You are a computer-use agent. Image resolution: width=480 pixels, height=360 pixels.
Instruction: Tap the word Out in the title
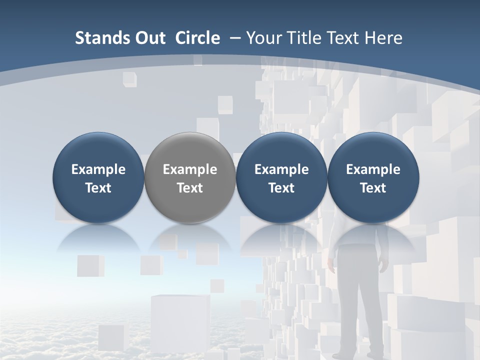[149, 38]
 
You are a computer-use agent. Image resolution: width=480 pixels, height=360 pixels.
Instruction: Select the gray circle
[190, 177]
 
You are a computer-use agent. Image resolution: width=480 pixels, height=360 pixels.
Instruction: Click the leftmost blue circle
[98, 177]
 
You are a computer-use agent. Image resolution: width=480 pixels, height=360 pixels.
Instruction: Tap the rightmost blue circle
[373, 177]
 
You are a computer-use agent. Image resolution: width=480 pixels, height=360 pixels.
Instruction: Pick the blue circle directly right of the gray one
[281, 177]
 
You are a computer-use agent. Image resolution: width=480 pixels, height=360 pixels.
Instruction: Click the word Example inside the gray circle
[190, 169]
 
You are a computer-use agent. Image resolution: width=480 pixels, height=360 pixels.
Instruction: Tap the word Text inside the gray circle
[190, 188]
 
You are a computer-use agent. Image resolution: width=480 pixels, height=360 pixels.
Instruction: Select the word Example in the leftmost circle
[98, 169]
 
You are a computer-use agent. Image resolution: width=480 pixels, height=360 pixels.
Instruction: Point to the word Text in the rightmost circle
[373, 188]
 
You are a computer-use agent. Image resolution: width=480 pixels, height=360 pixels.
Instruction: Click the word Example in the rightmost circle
[373, 169]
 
